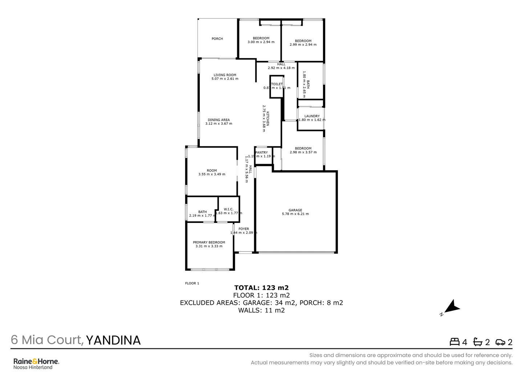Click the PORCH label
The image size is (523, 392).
pyautogui.click(x=217, y=39)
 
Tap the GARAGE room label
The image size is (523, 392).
pyautogui.click(x=295, y=210)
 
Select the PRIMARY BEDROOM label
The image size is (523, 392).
pyautogui.click(x=209, y=242)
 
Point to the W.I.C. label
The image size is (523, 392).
pyautogui.click(x=228, y=209)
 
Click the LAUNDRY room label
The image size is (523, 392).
pyautogui.click(x=312, y=116)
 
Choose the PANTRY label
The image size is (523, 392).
pyautogui.click(x=261, y=152)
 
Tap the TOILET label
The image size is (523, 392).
pyautogui.click(x=277, y=84)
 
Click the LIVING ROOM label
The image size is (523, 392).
pyautogui.click(x=225, y=75)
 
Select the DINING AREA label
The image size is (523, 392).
pyautogui.click(x=219, y=120)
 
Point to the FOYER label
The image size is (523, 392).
pyautogui.click(x=244, y=229)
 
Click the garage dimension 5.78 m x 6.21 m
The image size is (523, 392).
pyautogui.click(x=295, y=214)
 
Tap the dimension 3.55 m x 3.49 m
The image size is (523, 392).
pyautogui.click(x=212, y=174)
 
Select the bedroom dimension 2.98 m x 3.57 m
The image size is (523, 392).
pyautogui.click(x=303, y=152)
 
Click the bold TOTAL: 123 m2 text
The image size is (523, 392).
pyautogui.click(x=261, y=288)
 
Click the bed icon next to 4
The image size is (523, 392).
pyautogui.click(x=454, y=342)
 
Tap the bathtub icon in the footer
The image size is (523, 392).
pyautogui.click(x=478, y=342)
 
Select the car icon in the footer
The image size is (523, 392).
pyautogui.click(x=500, y=342)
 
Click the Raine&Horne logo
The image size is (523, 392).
pyautogui.click(x=36, y=362)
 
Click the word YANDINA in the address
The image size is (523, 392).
pyautogui.click(x=113, y=340)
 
